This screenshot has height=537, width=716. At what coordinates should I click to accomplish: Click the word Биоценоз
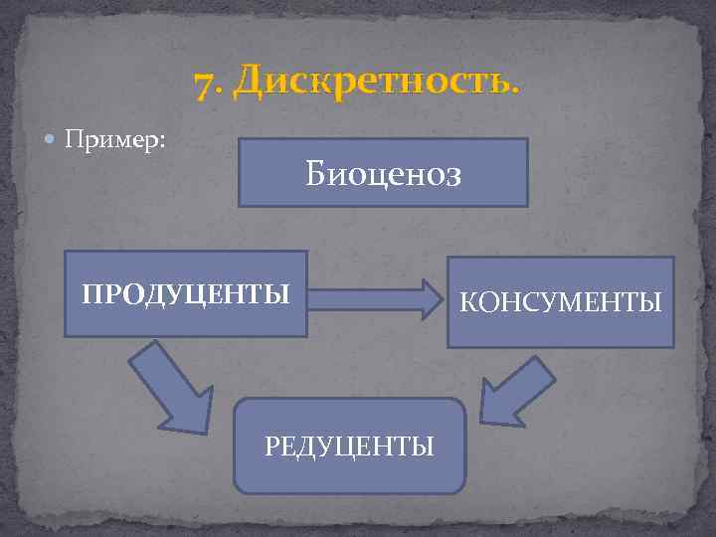click(383, 174)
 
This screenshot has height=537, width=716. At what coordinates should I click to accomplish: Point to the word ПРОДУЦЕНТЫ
click(186, 294)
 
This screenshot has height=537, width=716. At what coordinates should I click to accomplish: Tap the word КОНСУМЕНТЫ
click(560, 301)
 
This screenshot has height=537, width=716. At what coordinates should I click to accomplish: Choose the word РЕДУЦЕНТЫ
click(349, 446)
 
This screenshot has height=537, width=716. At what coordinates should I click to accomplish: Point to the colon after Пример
click(162, 141)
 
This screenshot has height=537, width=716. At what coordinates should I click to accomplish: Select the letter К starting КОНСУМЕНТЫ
click(466, 301)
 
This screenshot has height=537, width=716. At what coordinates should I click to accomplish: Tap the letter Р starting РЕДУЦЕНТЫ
click(271, 446)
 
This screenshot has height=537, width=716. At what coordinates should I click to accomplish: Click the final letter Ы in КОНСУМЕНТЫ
click(651, 301)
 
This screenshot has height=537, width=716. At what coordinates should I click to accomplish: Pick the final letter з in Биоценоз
click(454, 176)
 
